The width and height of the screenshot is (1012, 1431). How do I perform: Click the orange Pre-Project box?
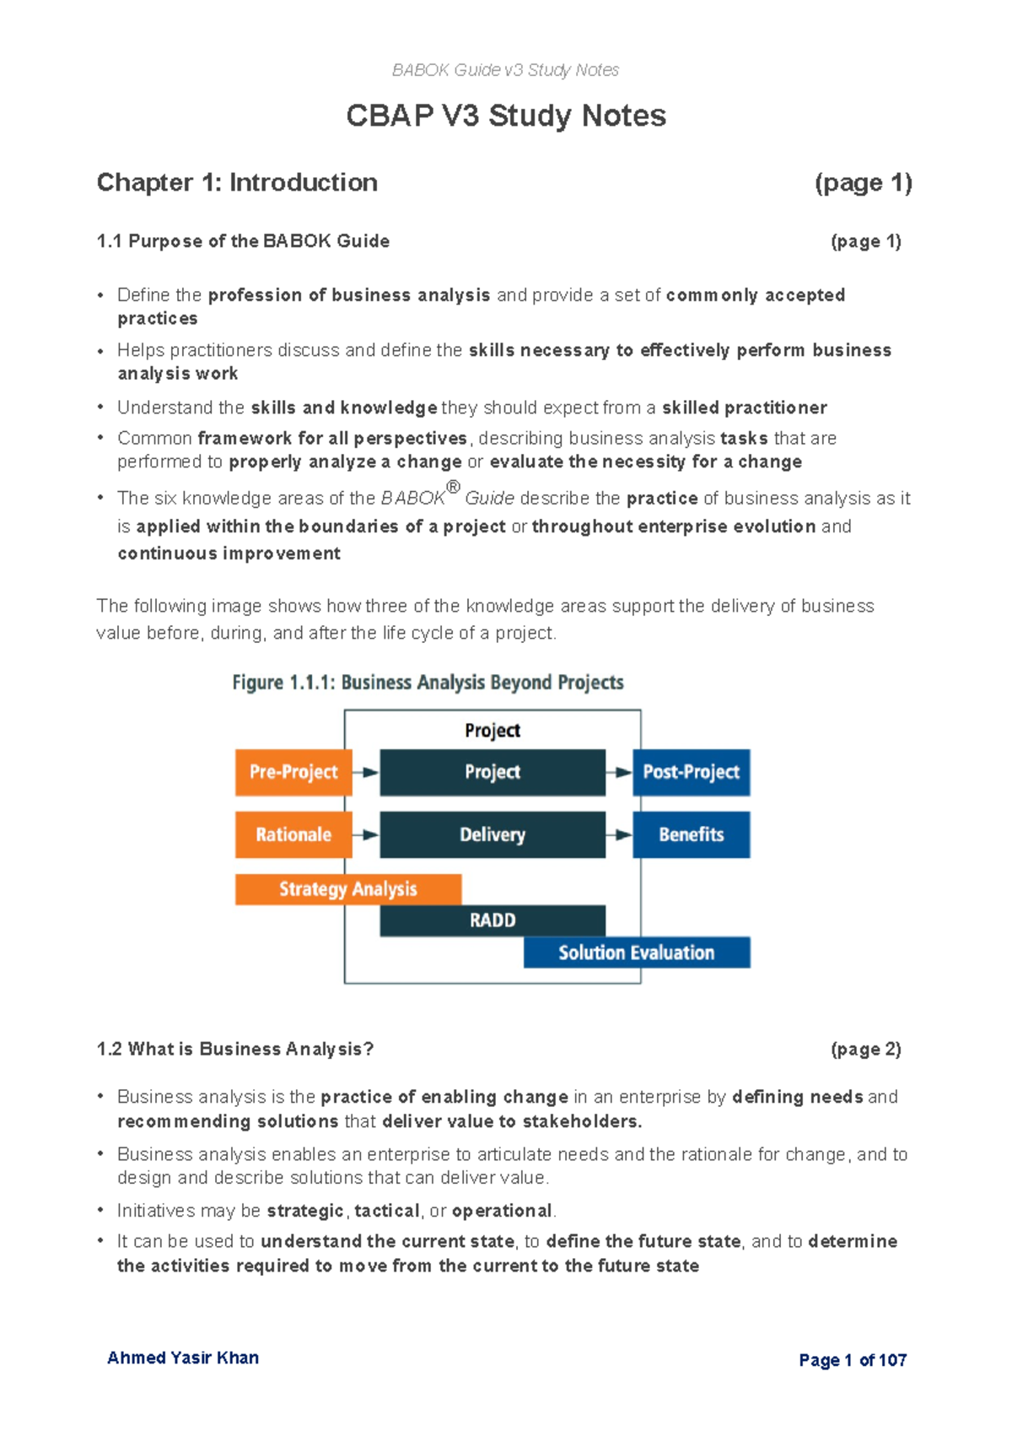coord(293,772)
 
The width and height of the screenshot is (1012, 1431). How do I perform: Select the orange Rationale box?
coord(293,834)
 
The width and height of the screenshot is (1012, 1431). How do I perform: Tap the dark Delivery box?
coord(493,834)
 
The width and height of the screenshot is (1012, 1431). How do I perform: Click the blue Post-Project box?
coord(691,772)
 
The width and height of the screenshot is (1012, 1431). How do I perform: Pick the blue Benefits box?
coord(691,834)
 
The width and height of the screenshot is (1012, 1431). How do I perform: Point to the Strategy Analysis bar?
coord(347,889)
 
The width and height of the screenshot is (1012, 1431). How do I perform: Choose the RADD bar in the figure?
coord(493,921)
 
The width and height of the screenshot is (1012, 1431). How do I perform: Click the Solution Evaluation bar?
coord(637,953)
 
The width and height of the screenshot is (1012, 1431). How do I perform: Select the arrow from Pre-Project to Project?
coord(366,772)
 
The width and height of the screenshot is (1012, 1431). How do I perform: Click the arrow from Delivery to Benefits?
coord(619,834)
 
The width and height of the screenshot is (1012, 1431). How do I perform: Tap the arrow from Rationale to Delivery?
coord(366,834)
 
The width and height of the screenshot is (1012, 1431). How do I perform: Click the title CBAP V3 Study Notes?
coord(506,116)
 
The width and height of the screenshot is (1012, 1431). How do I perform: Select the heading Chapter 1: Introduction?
coord(237,182)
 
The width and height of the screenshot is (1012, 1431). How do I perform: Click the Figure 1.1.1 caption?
coord(428,683)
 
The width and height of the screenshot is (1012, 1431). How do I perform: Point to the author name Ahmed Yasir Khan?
coord(183,1358)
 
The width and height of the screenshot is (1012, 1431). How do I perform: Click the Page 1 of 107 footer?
coord(853,1360)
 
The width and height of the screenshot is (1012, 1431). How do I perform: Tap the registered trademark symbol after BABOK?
coord(453,487)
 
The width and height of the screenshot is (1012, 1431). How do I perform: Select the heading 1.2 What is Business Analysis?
coord(234,1049)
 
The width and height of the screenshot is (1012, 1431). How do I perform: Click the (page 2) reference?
coord(866,1049)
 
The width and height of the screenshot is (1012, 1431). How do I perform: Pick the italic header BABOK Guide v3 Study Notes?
coord(505,70)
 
